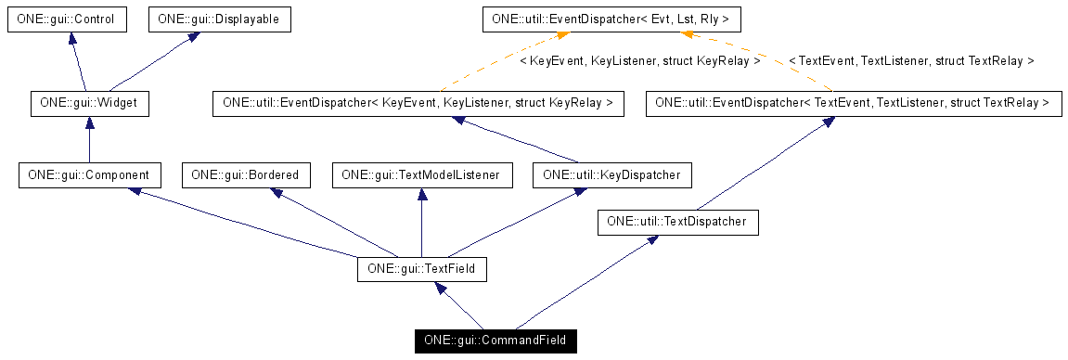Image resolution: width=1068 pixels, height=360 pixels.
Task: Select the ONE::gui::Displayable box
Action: pos(212,19)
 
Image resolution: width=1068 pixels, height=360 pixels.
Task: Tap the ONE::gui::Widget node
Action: pos(89,103)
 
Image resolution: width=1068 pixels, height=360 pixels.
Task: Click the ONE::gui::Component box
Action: pos(89,174)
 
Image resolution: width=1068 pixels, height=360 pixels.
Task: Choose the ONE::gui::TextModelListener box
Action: pos(421,174)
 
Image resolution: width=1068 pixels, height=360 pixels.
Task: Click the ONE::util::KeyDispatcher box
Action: pos(612,174)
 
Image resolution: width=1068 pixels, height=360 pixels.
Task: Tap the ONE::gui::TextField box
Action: pos(421,270)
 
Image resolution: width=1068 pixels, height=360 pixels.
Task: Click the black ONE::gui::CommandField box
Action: pos(495,341)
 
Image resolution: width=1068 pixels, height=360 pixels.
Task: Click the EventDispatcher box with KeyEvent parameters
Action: pos(418,103)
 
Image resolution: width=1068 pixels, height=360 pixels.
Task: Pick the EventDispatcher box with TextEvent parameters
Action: pos(853,103)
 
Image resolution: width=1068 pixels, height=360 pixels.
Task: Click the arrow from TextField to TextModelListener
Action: pos(421,223)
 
